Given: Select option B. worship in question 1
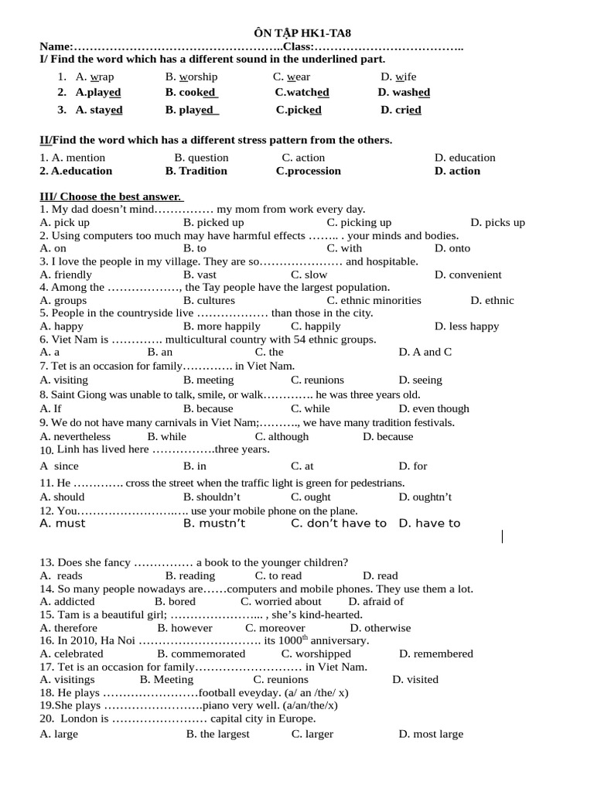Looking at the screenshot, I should point(192,77).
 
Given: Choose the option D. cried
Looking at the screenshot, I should point(401,110).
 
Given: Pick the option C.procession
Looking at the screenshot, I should point(308,171).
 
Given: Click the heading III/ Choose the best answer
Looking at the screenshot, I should point(111,196).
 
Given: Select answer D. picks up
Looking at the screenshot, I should point(497,223).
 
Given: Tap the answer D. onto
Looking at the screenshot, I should point(452,248).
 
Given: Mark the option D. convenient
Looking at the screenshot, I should point(468,275).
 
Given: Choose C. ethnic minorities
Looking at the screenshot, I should point(374,300).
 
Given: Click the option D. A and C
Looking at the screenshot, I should point(425,352).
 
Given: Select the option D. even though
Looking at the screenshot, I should point(434,408).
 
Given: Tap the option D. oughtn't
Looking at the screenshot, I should point(425,497).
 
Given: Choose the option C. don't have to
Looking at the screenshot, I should point(338,524).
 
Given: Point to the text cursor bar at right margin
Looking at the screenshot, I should point(502,536).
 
